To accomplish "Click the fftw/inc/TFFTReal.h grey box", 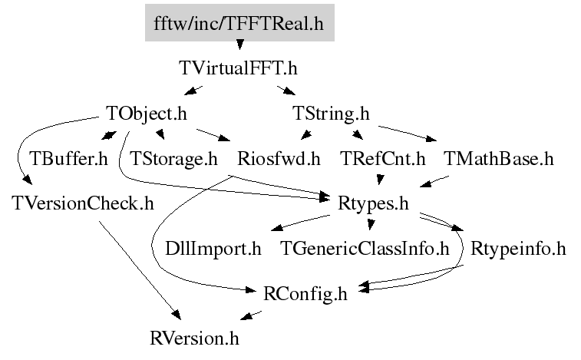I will pos(238,24).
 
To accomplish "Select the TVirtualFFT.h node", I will pos(238,68).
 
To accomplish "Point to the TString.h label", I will pos(332,114).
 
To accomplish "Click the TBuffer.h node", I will pos(68,160).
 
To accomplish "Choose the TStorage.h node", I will pos(173,160).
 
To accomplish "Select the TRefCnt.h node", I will pos(381,160).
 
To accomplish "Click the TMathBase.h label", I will pos(498,160).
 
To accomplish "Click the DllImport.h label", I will pos(213,249).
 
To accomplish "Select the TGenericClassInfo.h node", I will pos(364,249).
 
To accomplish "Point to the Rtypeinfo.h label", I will pos(518,249).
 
